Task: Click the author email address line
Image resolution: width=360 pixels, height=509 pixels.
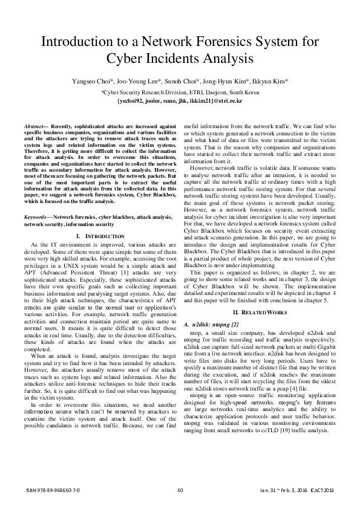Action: coord(180,100)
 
